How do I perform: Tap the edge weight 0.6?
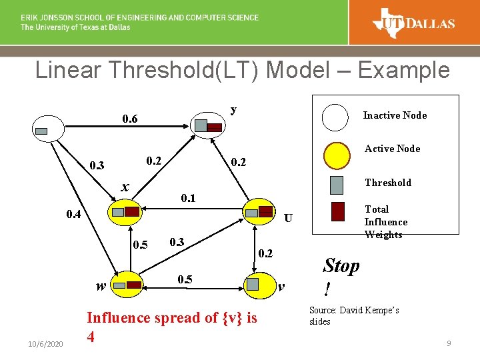[x=129, y=119]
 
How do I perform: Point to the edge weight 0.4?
[x=75, y=214]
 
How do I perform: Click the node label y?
[x=233, y=109]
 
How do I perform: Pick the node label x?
[x=125, y=187]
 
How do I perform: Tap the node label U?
[x=288, y=218]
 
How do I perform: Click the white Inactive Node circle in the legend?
[x=336, y=118]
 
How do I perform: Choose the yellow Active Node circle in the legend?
[x=336, y=156]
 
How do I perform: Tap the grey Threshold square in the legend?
[x=337, y=185]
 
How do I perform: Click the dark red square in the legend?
[x=337, y=211]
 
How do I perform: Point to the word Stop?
[x=341, y=266]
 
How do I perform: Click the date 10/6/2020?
[x=45, y=343]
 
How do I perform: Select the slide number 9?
[x=449, y=343]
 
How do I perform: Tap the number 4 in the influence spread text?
[x=91, y=337]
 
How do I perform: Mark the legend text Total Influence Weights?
[x=385, y=222]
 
